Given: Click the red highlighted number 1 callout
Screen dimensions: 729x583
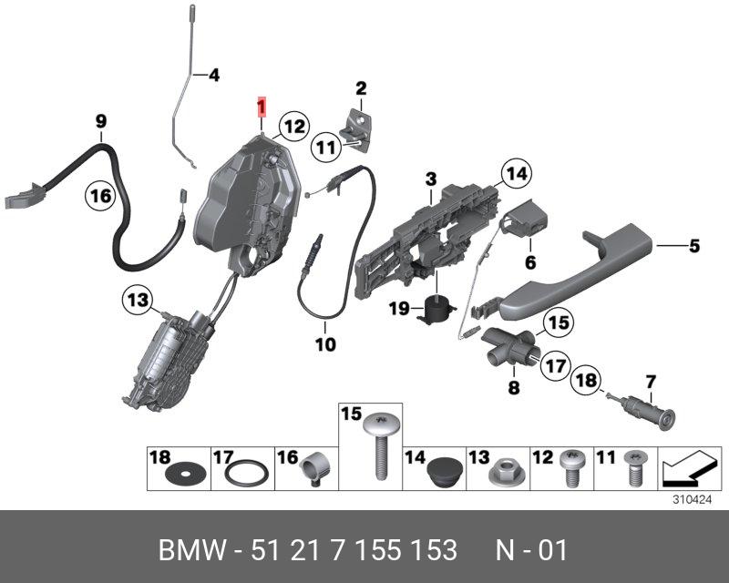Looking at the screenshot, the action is [262, 107].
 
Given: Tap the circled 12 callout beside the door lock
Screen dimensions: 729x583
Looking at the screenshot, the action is [294, 127].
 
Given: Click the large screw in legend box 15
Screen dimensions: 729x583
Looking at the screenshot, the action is [381, 445].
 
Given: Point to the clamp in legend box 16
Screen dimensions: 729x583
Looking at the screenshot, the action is [313, 468].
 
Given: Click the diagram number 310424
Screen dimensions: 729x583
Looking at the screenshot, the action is [693, 500].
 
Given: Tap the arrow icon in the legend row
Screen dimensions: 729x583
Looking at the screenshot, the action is [690, 468].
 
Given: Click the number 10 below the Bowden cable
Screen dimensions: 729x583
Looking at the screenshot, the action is [325, 344].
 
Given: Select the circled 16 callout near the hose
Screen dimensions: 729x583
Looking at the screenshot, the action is [100, 196].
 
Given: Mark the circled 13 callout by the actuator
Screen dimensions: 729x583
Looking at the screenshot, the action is [138, 300].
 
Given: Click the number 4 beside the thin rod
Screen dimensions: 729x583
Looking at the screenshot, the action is [214, 75].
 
